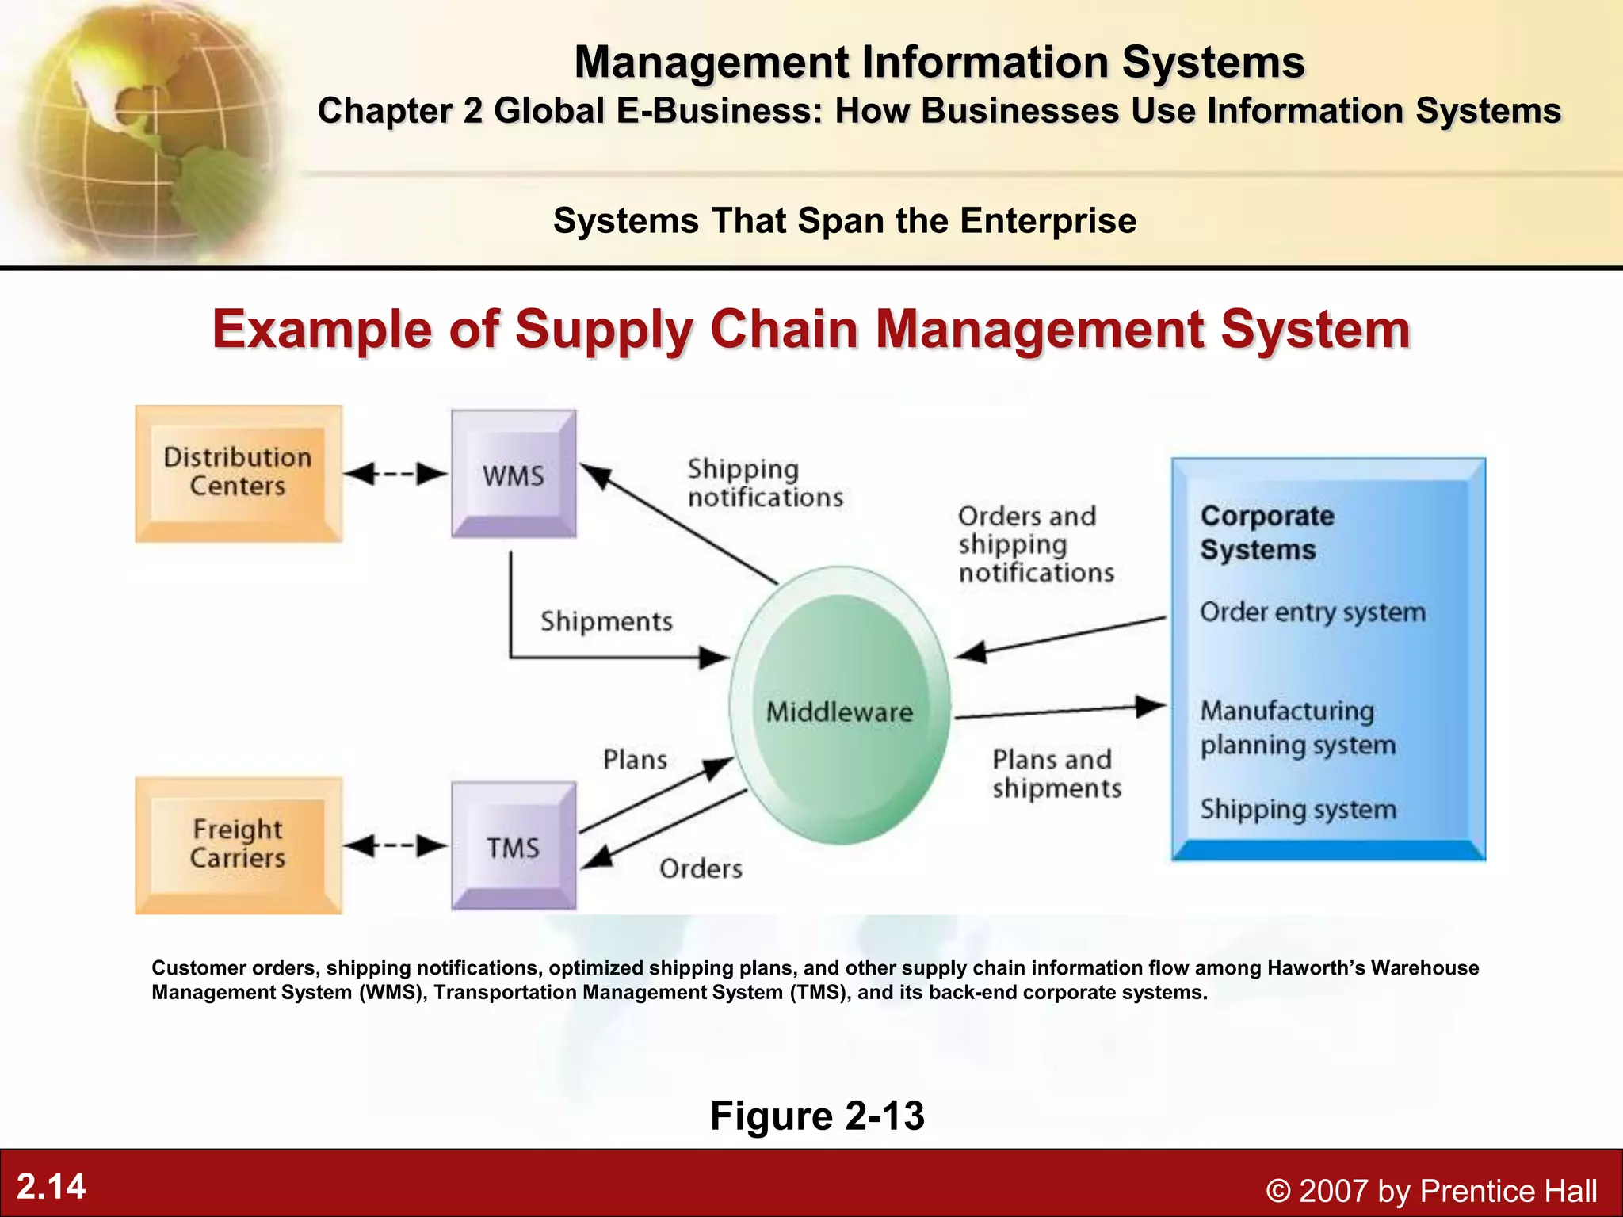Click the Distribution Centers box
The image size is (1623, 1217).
click(x=238, y=473)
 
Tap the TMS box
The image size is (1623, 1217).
click(x=514, y=845)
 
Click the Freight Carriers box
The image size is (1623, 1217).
click(x=238, y=845)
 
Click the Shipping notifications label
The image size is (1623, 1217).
click(x=765, y=483)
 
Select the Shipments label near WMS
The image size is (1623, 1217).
click(x=606, y=621)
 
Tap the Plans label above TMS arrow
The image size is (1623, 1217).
click(x=635, y=759)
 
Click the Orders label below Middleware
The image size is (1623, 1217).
click(x=701, y=868)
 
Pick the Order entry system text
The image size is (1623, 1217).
click(x=1312, y=612)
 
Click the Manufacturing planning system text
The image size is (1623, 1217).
click(x=1297, y=727)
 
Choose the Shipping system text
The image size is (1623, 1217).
click(x=1298, y=809)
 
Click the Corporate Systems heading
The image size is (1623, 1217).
click(x=1266, y=532)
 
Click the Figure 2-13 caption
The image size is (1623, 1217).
click(x=817, y=1115)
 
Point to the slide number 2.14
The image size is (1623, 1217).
click(x=51, y=1186)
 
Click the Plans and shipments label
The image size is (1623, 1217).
click(x=1056, y=773)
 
